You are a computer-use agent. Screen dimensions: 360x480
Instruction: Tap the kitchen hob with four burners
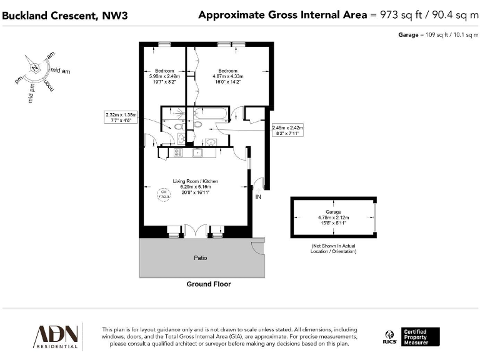177,152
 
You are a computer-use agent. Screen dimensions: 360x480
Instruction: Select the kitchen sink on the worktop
199,152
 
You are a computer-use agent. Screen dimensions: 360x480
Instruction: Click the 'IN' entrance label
257,197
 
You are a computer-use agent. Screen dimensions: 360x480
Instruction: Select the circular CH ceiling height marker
164,195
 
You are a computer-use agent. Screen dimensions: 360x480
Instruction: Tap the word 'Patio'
200,257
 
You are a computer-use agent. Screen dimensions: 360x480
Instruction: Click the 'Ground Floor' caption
208,284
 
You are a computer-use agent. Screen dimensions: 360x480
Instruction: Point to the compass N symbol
34,67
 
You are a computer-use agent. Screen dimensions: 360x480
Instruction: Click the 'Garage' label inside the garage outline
333,212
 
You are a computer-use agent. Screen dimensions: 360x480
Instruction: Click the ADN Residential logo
56,336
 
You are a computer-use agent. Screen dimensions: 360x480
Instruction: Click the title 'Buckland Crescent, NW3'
65,15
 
